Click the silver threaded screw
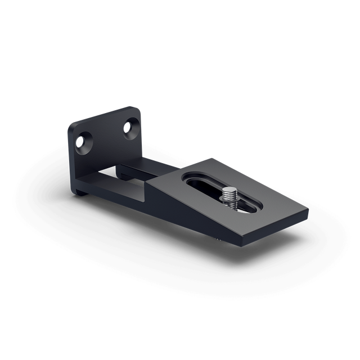[x=229, y=198]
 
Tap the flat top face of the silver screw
[x=229, y=191]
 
